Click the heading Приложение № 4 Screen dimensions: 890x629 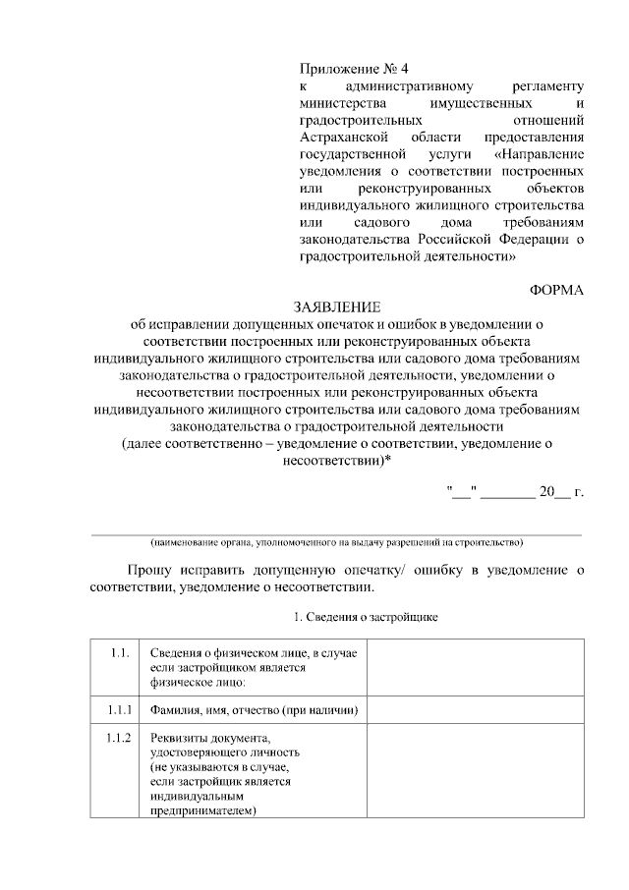click(x=353, y=70)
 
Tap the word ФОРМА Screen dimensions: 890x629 click(x=556, y=290)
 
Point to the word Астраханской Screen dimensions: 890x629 click(x=346, y=137)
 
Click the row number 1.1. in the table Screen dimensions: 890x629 click(x=119, y=653)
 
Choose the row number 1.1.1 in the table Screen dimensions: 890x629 click(x=119, y=709)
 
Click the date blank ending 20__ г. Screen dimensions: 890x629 click(x=516, y=492)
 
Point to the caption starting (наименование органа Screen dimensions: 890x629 click(x=336, y=542)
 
